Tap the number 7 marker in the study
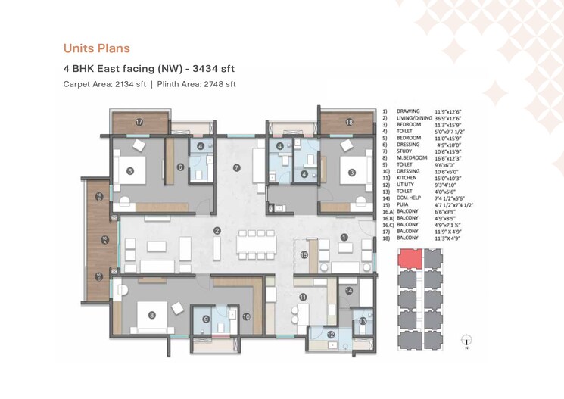[x=236, y=167]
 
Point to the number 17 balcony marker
[x=139, y=122]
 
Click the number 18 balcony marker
[x=349, y=122]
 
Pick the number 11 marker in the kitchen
[x=302, y=298]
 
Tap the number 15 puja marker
[x=303, y=255]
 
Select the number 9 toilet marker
[x=206, y=320]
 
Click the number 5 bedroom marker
[x=129, y=172]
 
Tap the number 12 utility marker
[x=331, y=335]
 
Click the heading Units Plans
[x=96, y=48]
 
